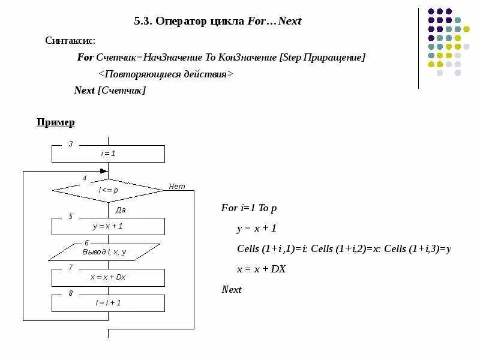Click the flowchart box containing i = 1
pos(108,154)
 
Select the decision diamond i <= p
pos(108,190)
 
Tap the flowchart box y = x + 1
pos(108,226)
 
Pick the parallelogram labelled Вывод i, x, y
pos(104,252)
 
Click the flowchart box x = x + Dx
pos(108,277)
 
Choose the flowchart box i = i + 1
pos(108,303)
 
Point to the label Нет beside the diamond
pos(177,186)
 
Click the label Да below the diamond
pos(120,210)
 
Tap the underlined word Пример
pos(56,122)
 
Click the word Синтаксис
pos(70,40)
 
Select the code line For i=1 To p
pos(248,208)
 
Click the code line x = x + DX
pos(261,269)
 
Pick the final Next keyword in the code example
pos(232,289)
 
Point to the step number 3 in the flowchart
pos(71,144)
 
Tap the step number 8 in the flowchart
pos(71,293)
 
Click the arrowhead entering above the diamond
pos(104,171)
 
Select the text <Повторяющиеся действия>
pos(165,74)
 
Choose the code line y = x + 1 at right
pos(256,229)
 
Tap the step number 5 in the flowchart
pos(71,217)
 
